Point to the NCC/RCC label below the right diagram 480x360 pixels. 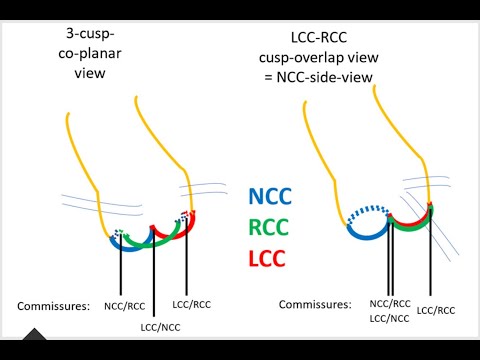click(388, 303)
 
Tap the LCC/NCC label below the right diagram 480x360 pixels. click(388, 317)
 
